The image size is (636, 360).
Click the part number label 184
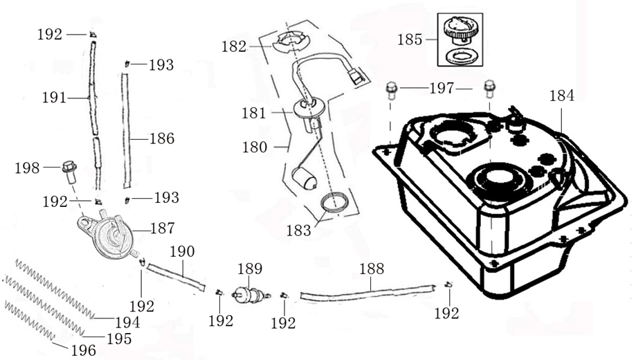tap(561, 96)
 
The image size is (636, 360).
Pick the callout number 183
tap(299, 231)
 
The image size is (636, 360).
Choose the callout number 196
tap(83, 350)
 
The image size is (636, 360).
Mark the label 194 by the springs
tap(127, 322)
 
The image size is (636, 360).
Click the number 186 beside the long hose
tap(162, 138)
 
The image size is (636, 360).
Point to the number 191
tap(53, 98)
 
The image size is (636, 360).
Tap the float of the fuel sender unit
tap(306, 181)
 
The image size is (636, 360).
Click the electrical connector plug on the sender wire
tap(356, 75)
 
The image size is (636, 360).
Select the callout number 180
tap(254, 147)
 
